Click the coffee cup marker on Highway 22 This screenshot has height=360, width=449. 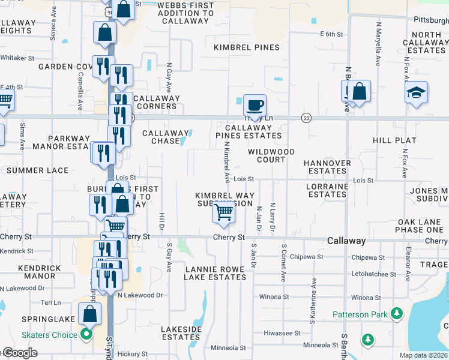click(255, 105)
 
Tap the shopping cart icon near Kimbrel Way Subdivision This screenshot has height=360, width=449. click(223, 211)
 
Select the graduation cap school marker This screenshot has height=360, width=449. click(416, 93)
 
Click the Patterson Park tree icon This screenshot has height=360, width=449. click(396, 313)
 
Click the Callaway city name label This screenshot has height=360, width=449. click(346, 241)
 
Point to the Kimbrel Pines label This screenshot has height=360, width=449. click(247, 47)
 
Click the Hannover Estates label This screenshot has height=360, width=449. click(327, 167)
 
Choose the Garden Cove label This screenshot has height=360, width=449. click(64, 67)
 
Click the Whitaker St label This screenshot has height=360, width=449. click(17, 58)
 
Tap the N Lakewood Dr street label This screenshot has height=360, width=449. click(140, 295)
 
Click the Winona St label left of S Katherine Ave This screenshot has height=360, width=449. click(274, 297)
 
